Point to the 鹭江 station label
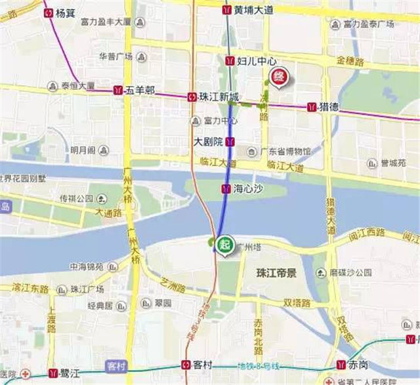click(69, 373)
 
